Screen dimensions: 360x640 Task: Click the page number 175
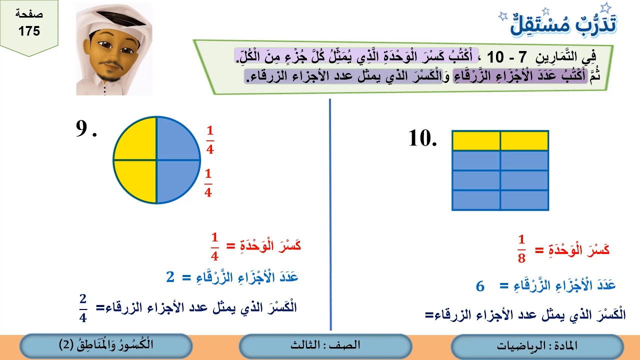coord(29,31)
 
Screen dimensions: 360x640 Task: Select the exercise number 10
coord(422,138)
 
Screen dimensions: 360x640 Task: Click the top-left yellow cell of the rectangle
coord(476,140)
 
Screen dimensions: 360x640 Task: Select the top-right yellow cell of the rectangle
coord(524,140)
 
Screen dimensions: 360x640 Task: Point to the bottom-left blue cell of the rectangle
coord(476,200)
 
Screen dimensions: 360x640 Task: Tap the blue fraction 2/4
coord(83,308)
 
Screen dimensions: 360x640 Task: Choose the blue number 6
coord(480,286)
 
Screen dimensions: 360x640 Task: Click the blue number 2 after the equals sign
coord(170,277)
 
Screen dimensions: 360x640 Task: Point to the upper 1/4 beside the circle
coord(209,140)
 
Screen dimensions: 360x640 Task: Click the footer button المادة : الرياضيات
coord(537,346)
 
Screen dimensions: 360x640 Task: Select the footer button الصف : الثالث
coord(325,346)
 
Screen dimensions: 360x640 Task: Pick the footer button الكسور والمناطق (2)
coord(106,345)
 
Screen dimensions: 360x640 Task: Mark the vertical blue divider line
coord(330,215)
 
